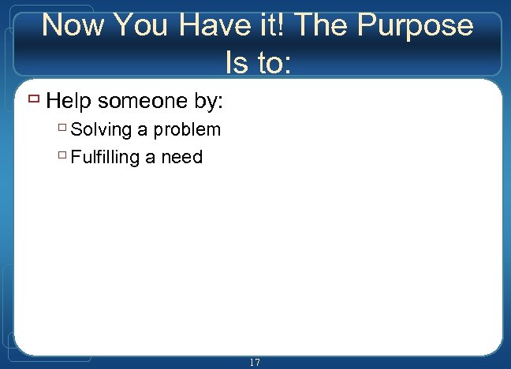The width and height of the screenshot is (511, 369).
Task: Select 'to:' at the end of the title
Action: pyautogui.click(x=273, y=62)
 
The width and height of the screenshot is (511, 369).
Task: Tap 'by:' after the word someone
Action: pyautogui.click(x=211, y=101)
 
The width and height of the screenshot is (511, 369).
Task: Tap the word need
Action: pyautogui.click(x=182, y=157)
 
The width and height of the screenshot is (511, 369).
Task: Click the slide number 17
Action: pyautogui.click(x=254, y=362)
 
